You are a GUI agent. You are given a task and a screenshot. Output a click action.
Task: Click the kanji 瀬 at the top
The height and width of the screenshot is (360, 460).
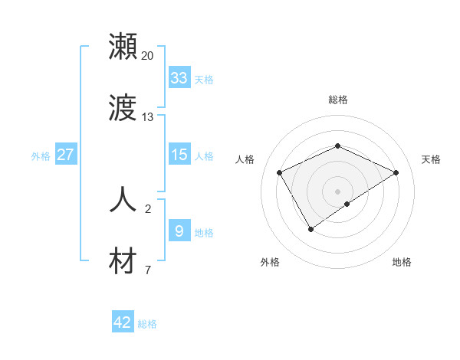pos(123,47)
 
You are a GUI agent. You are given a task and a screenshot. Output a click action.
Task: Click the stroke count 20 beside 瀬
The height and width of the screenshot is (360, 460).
pos(148,56)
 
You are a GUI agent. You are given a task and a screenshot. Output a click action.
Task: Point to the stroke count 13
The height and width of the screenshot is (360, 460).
pos(148,117)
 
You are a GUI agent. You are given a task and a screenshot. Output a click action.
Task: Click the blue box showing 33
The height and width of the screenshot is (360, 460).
pos(179,78)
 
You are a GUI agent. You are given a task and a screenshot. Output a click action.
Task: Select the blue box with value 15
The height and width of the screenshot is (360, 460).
pos(179,155)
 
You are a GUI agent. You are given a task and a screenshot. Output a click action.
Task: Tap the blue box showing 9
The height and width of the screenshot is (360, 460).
pos(179,231)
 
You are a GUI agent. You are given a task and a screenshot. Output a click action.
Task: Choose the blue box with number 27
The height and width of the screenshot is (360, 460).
pos(66,155)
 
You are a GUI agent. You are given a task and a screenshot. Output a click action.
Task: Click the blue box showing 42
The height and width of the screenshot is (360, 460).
pos(123,322)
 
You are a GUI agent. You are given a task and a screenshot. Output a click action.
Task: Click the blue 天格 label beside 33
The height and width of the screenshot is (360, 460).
pos(204,79)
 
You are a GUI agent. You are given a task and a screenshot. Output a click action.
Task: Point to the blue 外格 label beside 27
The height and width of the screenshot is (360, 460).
pos(41,155)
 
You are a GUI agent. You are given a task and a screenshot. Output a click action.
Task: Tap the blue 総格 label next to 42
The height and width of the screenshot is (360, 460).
pos(147,324)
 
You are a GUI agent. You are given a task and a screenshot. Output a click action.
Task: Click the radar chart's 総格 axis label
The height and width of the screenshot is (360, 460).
pos(337,100)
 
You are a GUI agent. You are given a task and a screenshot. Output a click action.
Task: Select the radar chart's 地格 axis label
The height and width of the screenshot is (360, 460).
pos(402,262)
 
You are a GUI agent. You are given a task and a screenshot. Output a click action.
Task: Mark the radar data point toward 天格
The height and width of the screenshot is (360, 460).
pos(396,172)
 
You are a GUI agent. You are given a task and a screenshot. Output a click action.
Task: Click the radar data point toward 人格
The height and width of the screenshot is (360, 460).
pos(279,172)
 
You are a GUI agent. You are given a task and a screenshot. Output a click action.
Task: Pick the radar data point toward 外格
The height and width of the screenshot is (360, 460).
pos(310,228)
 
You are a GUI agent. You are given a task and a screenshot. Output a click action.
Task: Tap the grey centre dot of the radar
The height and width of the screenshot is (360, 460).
pos(337,191)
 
